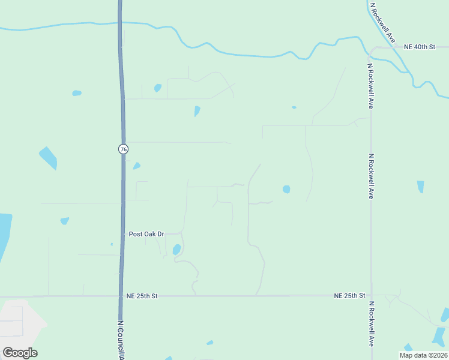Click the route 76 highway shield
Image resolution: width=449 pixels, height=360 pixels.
click(x=123, y=149)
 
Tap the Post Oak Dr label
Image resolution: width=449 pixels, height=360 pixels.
click(x=146, y=233)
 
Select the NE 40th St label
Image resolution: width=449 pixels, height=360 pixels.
click(x=419, y=47)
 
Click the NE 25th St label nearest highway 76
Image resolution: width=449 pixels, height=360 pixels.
click(x=142, y=296)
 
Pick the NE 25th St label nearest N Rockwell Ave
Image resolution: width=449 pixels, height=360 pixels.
click(x=350, y=296)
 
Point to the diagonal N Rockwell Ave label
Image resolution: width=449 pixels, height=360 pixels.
click(x=383, y=22)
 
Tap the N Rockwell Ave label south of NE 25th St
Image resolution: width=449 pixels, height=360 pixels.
click(x=371, y=323)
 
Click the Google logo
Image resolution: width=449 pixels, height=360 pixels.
click(x=20, y=353)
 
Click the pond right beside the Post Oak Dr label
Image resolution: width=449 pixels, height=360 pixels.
click(x=176, y=249)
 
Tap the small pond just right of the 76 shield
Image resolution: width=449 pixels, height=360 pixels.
click(x=137, y=166)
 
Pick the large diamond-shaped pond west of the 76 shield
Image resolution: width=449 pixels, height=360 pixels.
click(x=48, y=157)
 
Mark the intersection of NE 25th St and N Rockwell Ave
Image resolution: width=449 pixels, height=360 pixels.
click(x=371, y=296)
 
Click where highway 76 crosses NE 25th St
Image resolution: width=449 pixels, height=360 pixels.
click(x=122, y=296)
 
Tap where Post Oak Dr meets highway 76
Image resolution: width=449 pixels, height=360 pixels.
click(x=123, y=233)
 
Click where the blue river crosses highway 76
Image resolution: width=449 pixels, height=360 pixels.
click(x=121, y=23)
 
